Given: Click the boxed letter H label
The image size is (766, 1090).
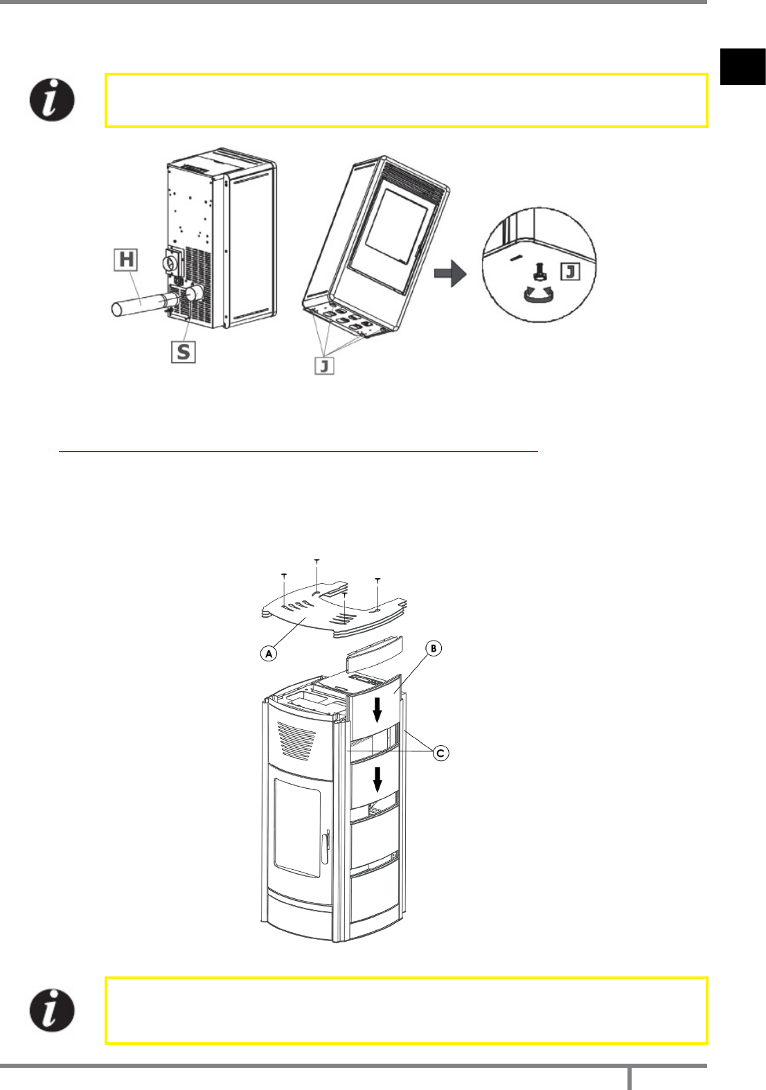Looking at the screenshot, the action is (x=126, y=260).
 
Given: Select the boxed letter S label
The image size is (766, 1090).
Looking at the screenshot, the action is (x=184, y=352).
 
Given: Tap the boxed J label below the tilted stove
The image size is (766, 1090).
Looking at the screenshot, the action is (x=324, y=364).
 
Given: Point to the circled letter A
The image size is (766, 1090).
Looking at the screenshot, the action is (x=269, y=652).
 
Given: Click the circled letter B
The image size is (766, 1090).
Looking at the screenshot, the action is (x=434, y=649).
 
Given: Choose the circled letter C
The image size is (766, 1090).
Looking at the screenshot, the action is (x=440, y=753).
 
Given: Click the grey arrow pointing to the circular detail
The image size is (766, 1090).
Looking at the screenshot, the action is (x=450, y=274).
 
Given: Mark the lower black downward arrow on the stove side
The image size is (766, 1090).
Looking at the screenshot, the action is (x=377, y=779).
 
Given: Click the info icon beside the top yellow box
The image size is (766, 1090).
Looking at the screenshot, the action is (x=52, y=100).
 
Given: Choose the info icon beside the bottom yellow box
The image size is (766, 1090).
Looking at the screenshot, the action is (x=52, y=1011).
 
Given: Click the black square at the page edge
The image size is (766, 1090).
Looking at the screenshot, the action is (x=742, y=66).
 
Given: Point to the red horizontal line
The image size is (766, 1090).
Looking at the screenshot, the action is (x=299, y=452).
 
